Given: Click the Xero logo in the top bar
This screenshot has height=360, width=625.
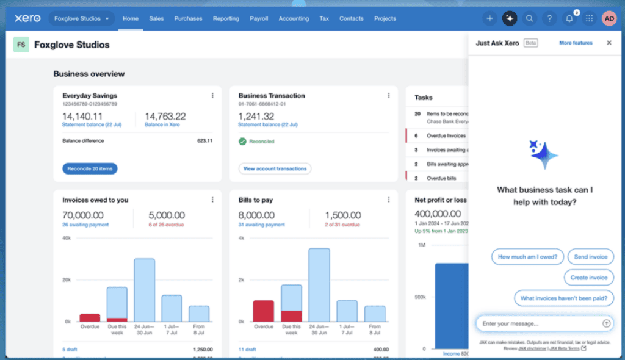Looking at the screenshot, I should tap(27, 18).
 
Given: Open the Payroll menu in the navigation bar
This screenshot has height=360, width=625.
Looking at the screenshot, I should tap(259, 18).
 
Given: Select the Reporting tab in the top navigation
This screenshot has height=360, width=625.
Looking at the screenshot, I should tap(226, 18).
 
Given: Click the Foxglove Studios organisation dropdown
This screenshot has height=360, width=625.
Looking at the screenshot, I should tap(82, 18).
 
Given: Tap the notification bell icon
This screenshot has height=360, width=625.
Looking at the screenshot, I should tap(569, 18).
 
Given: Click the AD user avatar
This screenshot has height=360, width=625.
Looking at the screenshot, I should tap(609, 18).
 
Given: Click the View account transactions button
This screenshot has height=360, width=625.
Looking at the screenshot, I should tap(275, 168).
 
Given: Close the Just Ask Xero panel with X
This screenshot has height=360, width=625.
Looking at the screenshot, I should tap(609, 43).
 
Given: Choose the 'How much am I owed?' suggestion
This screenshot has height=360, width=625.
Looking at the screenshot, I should tap(527, 257).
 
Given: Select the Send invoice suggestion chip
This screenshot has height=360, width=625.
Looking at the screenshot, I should tap(590, 257).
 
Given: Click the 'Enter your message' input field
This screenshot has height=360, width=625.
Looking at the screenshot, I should tap(537, 323).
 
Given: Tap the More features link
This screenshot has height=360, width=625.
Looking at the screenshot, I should tap(576, 43).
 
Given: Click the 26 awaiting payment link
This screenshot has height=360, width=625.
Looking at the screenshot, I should tap(85, 225).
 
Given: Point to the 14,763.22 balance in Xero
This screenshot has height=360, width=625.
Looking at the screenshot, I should tap(165, 117).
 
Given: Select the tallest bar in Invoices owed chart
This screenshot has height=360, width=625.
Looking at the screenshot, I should tap(144, 290).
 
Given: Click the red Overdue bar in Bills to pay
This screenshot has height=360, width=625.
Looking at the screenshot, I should tap(264, 311).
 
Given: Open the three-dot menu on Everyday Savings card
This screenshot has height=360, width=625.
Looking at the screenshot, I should tap(212, 96).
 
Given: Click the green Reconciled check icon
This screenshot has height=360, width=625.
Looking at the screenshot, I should tap(242, 142).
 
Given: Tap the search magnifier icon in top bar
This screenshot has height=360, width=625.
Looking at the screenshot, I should tap(529, 18).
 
